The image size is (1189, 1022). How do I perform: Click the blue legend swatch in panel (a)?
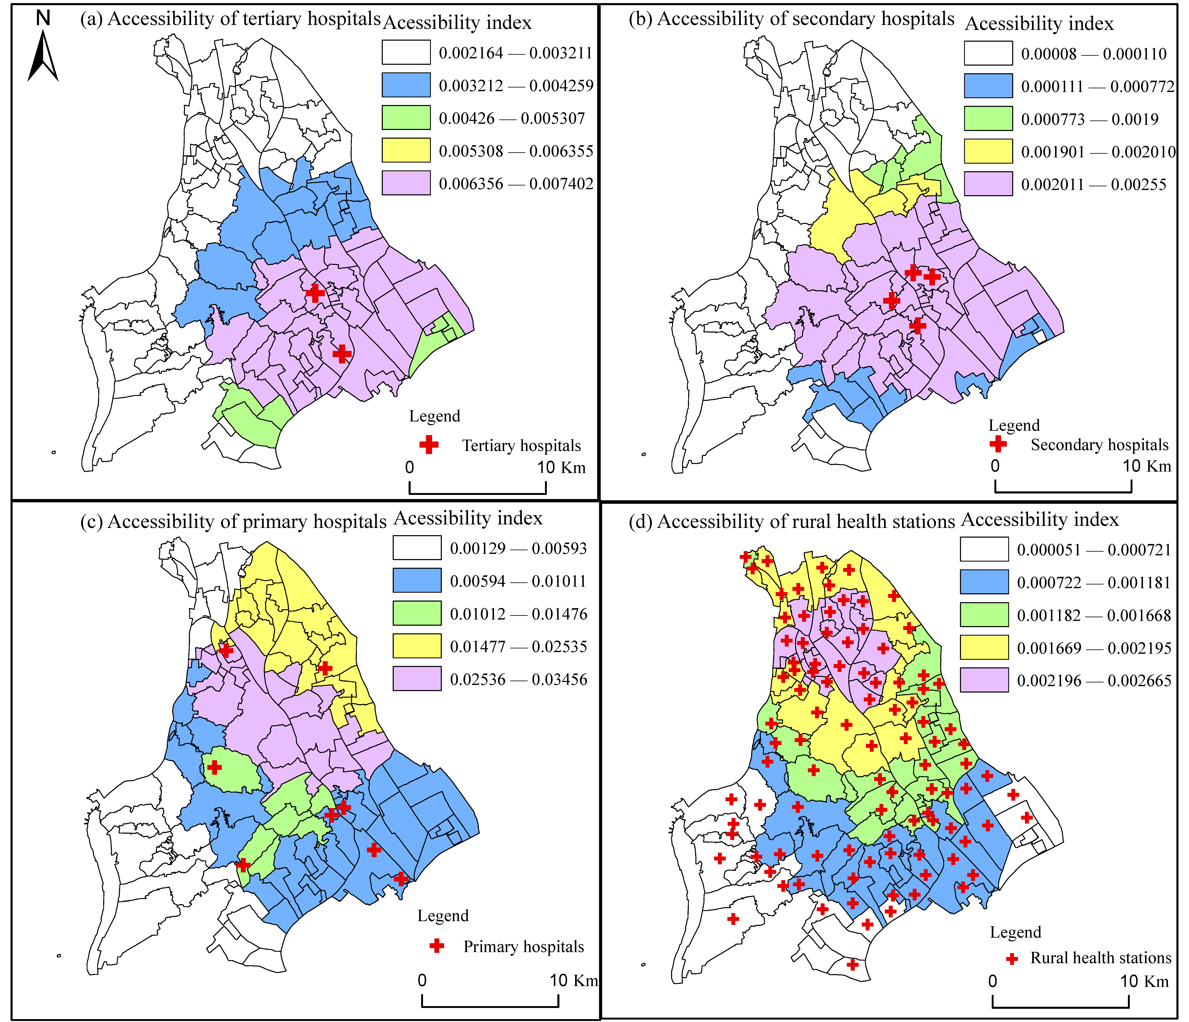(x=406, y=85)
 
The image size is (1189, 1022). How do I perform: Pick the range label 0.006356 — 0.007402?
(x=515, y=184)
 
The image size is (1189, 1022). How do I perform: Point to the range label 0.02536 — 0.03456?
(x=518, y=679)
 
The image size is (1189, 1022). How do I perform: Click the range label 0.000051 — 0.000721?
(x=1093, y=550)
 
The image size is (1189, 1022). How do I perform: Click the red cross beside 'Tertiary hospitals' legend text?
(x=429, y=445)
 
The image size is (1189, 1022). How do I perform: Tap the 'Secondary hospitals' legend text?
(x=1099, y=445)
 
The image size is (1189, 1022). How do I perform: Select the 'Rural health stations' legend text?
(x=1100, y=958)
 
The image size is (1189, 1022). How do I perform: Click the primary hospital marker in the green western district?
(x=214, y=767)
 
